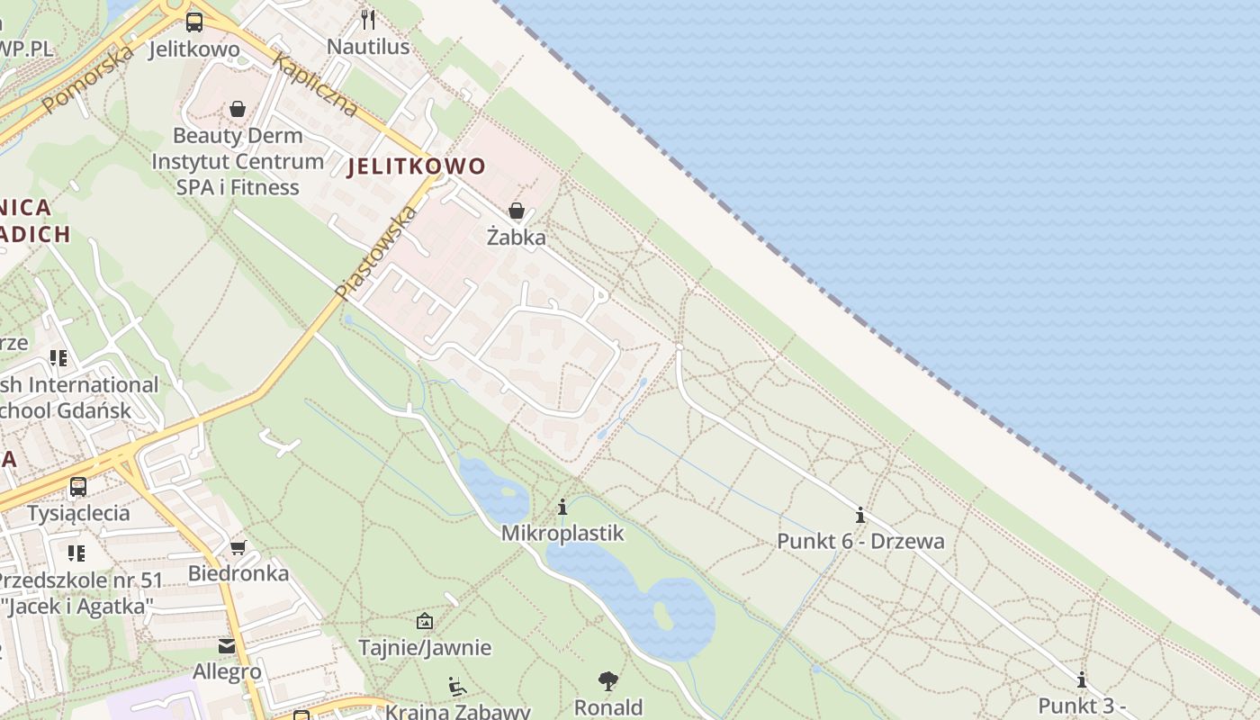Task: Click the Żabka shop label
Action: click(x=516, y=237)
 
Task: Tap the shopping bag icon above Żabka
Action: click(x=517, y=211)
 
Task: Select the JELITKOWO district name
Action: click(x=416, y=166)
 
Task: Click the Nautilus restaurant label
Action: click(x=368, y=46)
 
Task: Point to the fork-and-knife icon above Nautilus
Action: click(x=368, y=20)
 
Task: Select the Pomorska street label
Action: click(x=88, y=78)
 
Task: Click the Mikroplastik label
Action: click(x=562, y=533)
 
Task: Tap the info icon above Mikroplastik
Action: click(x=562, y=508)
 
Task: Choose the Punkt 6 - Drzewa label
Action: click(x=860, y=541)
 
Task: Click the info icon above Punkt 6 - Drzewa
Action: click(x=860, y=515)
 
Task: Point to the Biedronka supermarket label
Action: click(x=238, y=573)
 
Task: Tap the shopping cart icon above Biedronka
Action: click(x=238, y=548)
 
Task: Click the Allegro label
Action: click(x=227, y=671)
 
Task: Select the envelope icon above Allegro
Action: click(x=227, y=646)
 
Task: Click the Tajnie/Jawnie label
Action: click(x=425, y=647)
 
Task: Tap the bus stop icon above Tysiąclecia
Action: click(x=78, y=487)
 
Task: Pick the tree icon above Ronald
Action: click(x=608, y=680)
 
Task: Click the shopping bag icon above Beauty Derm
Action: click(x=238, y=110)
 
